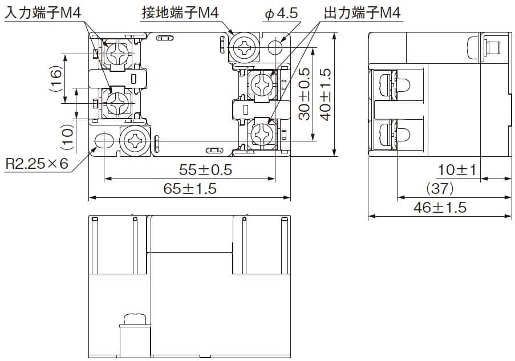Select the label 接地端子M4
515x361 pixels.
182,13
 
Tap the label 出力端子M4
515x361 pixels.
362,13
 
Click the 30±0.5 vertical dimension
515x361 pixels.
305,94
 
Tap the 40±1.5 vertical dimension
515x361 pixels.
325,94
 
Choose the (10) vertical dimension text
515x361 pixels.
68,136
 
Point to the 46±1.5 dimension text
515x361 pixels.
440,207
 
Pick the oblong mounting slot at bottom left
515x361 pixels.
104,140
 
